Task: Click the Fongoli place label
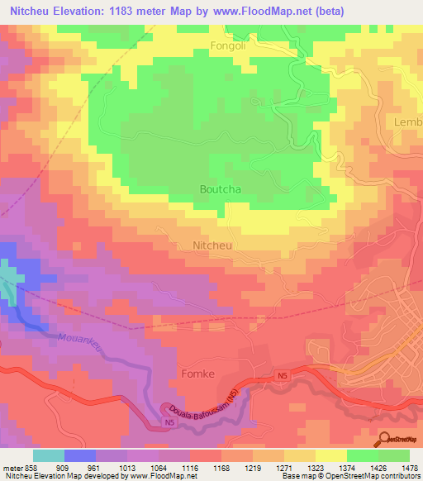[x=229, y=46]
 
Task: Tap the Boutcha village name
[x=221, y=189]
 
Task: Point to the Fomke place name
[x=197, y=374]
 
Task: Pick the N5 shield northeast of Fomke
[x=283, y=377]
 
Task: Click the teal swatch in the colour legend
[x=49, y=455]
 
